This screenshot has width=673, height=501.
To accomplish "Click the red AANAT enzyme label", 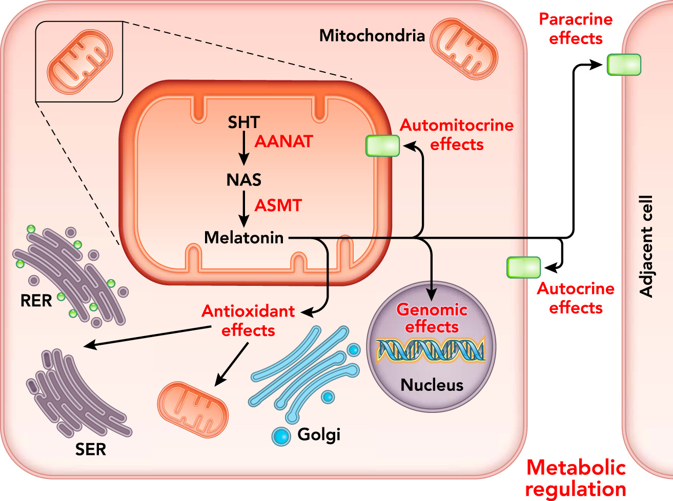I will tap(283, 141).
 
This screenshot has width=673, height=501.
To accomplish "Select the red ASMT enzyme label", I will tap(278, 205).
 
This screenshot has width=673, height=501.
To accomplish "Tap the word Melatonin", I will tap(244, 238).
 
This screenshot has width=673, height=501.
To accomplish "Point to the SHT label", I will tap(244, 122).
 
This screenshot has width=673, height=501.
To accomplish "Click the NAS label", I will tap(244, 180).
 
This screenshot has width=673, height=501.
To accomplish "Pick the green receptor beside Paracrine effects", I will tap(624, 65).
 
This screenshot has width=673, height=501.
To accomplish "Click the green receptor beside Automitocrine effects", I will tap(382, 145).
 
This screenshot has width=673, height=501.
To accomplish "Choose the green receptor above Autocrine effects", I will tap(523, 267).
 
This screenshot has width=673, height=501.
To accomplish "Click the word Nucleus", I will tap(432, 385).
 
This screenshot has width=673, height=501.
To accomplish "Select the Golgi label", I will tap(319, 434).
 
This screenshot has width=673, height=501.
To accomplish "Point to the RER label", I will tap(36, 301).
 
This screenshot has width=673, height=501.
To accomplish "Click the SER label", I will tap(90, 449).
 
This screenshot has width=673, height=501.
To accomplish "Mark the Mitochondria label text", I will tap(372, 35).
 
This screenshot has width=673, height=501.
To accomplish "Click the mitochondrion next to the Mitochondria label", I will tap(464, 49).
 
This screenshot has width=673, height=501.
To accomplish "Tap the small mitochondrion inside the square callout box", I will tap(79, 61).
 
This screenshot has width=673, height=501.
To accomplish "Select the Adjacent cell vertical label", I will tap(647, 246).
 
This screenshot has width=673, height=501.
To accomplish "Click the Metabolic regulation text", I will tap(576, 478).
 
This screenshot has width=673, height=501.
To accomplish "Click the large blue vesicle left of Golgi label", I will tap(281, 436).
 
